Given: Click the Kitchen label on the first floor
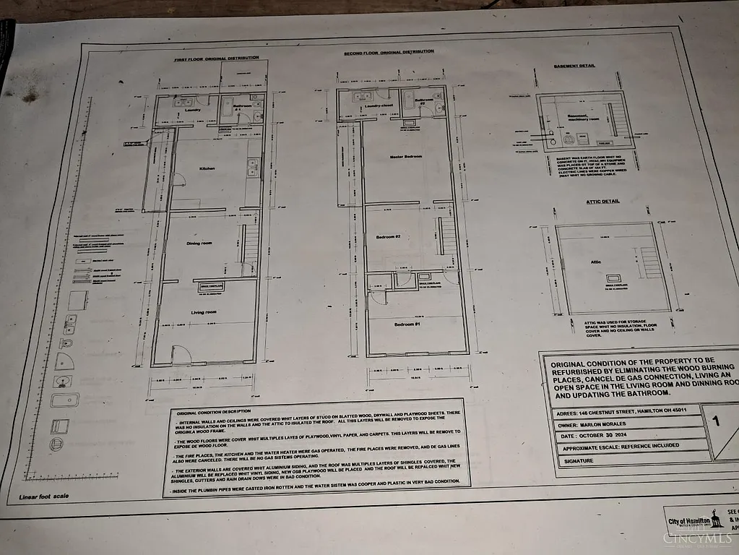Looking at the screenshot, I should tap(207, 168).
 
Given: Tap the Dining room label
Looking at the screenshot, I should tap(199, 244).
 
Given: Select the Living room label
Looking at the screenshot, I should tap(204, 312).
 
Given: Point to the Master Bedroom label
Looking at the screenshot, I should tap(405, 156).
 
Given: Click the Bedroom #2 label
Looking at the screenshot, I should tap(388, 237).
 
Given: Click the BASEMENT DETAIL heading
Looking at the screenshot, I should tap(574, 66).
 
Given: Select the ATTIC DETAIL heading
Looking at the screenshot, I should tap(603, 202).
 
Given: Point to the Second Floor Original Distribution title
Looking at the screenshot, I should tap(390, 52).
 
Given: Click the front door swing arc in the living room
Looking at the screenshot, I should tap(181, 353).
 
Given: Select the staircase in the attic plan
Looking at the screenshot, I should tap(650, 262).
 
